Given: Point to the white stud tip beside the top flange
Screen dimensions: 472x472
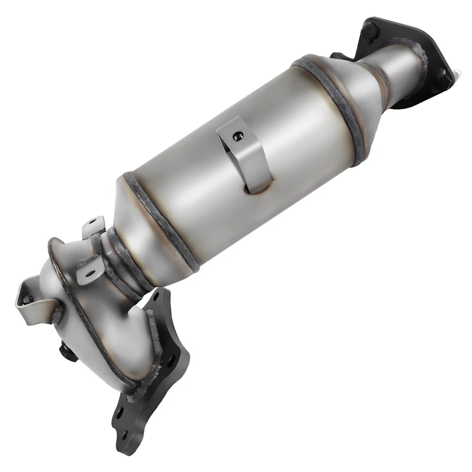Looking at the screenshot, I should click(x=458, y=74).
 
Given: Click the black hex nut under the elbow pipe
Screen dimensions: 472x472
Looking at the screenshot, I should click(x=66, y=352).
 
